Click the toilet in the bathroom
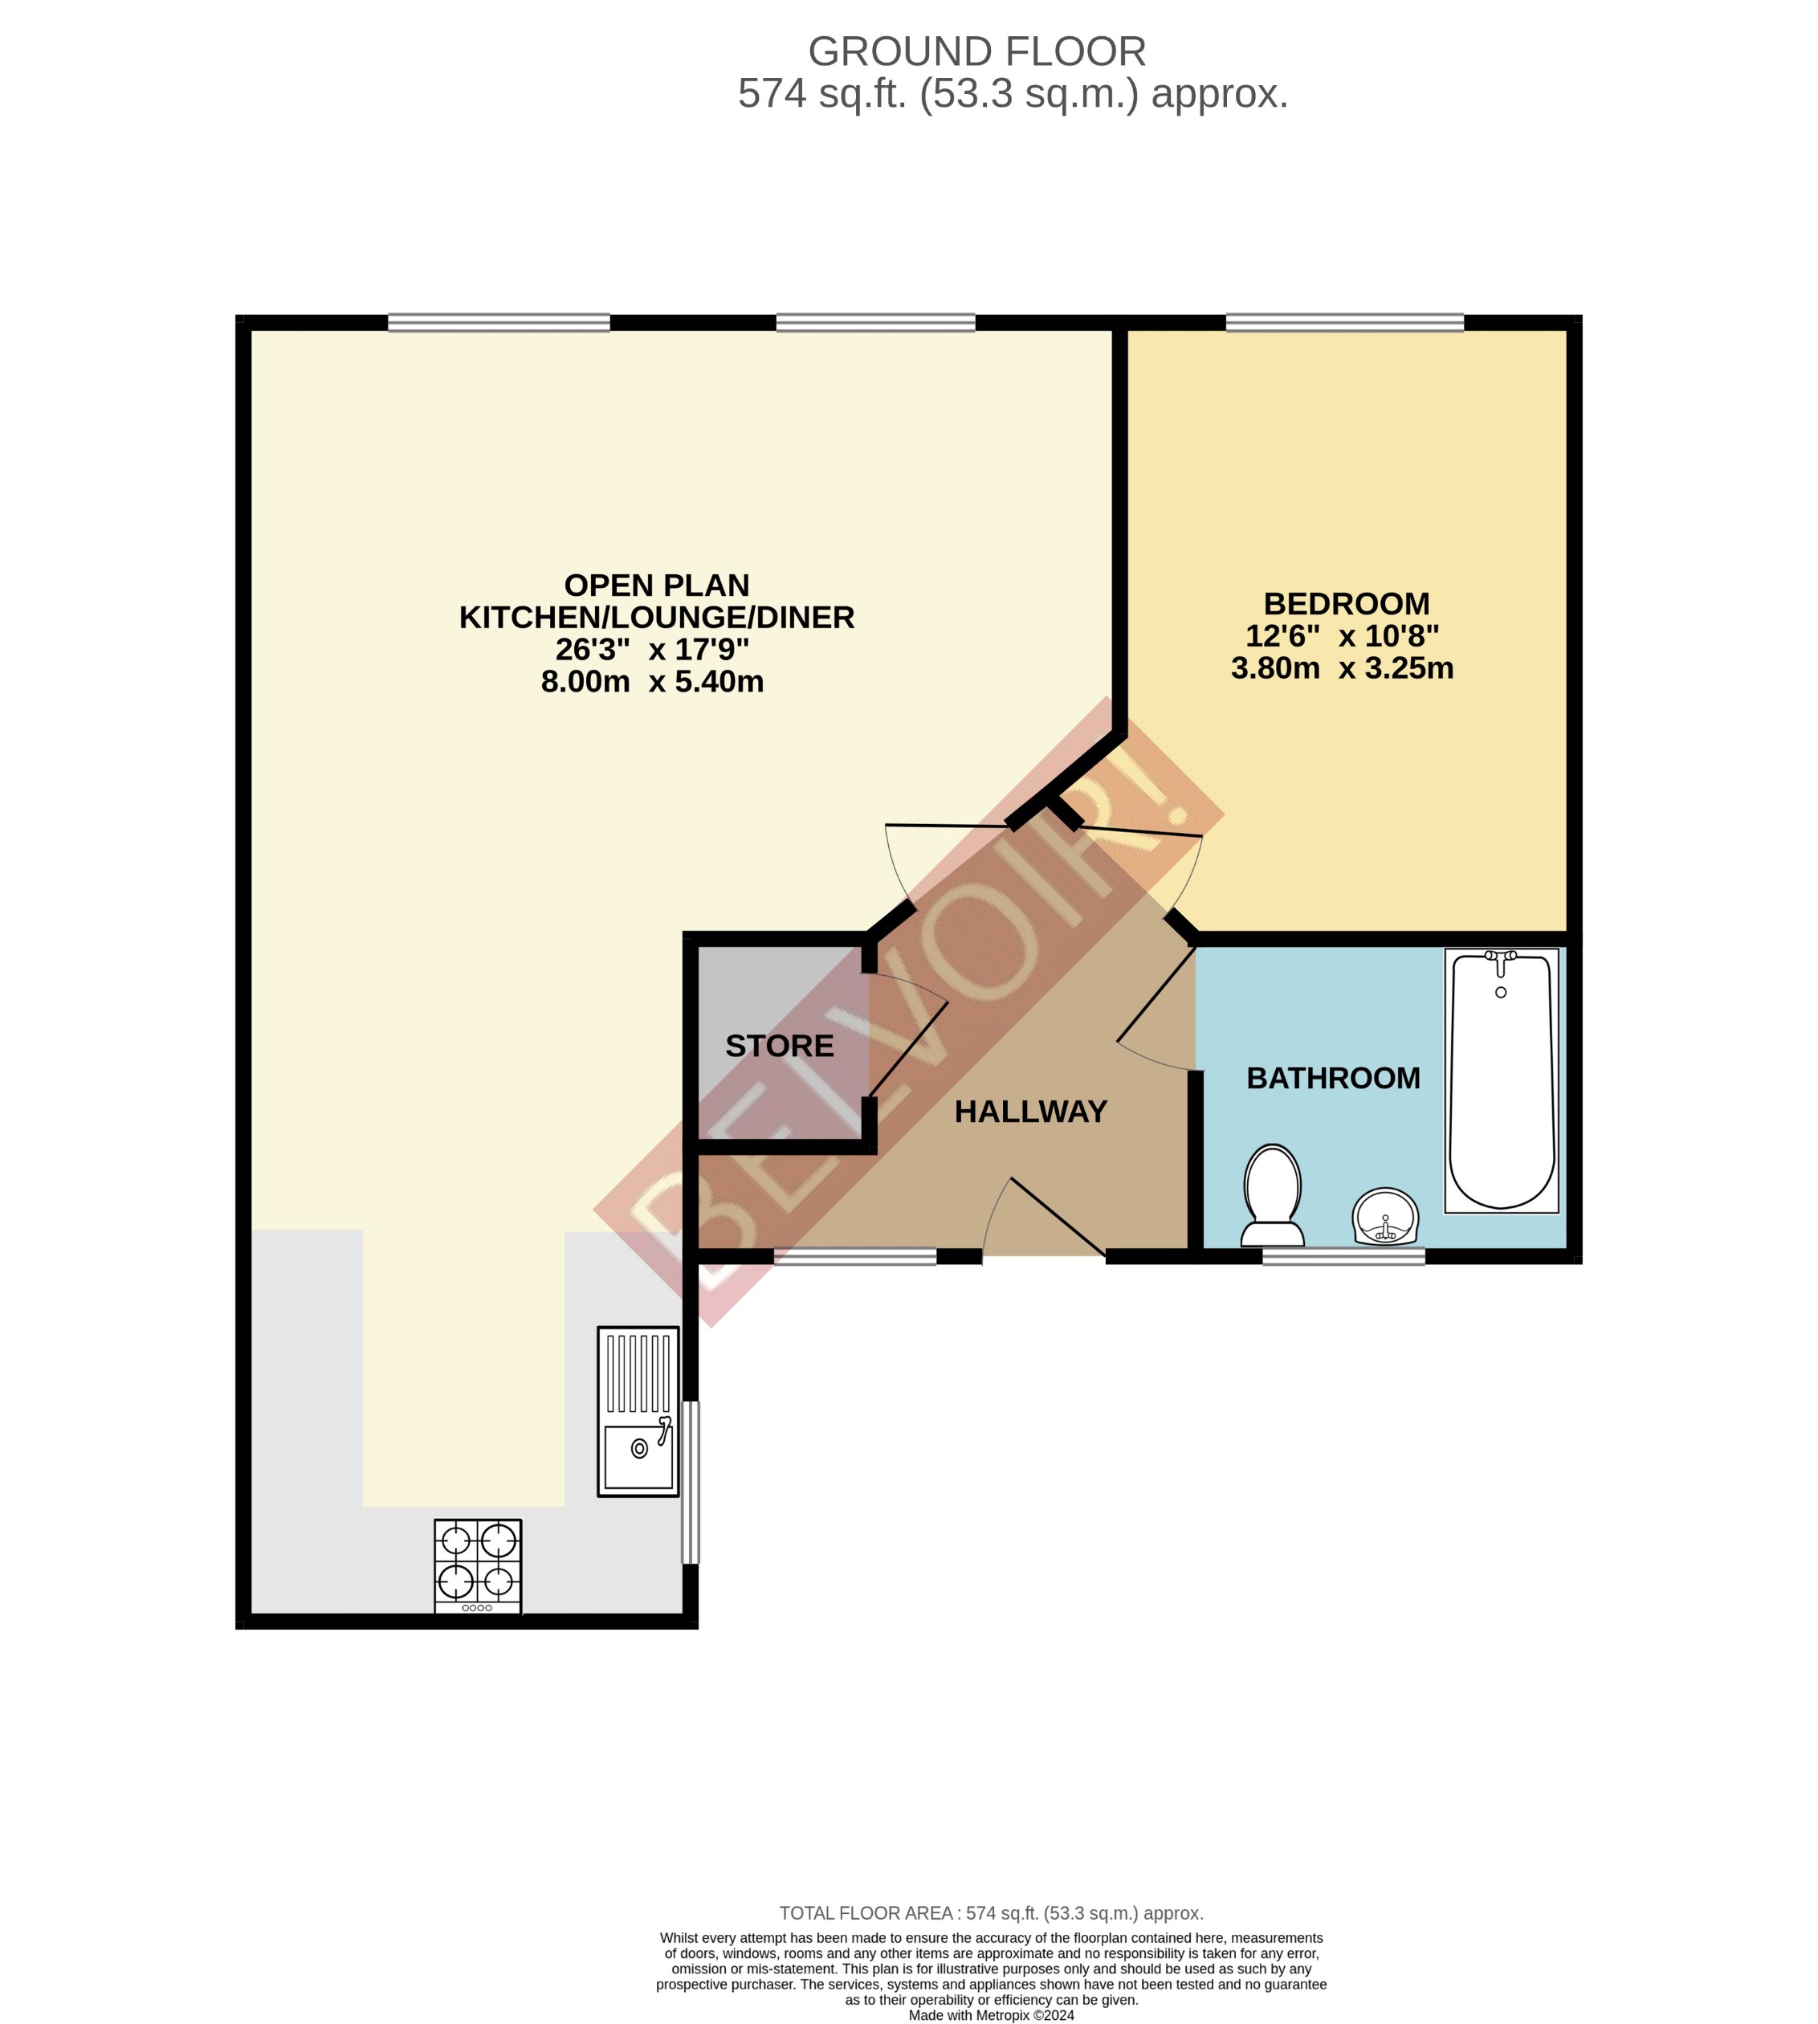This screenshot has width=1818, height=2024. click(x=1272, y=1196)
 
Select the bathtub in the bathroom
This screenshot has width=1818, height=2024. click(x=1502, y=1080)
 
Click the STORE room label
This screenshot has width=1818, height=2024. click(x=779, y=1046)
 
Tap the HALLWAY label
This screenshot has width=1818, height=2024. click(x=1030, y=1112)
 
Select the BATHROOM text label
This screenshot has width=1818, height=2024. click(x=1332, y=1078)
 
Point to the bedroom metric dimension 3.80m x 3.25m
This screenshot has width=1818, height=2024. click(x=1342, y=667)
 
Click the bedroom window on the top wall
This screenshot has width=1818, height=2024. click(x=1344, y=323)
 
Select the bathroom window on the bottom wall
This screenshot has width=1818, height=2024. click(x=1343, y=1257)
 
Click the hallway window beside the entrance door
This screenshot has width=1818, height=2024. click(x=855, y=1257)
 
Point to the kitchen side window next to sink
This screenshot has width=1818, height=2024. click(x=691, y=1482)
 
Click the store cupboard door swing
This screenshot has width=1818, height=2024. click(x=907, y=1039)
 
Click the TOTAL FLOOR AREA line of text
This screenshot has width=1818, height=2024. click(x=991, y=1913)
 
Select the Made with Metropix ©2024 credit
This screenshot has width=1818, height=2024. click(x=991, y=2015)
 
